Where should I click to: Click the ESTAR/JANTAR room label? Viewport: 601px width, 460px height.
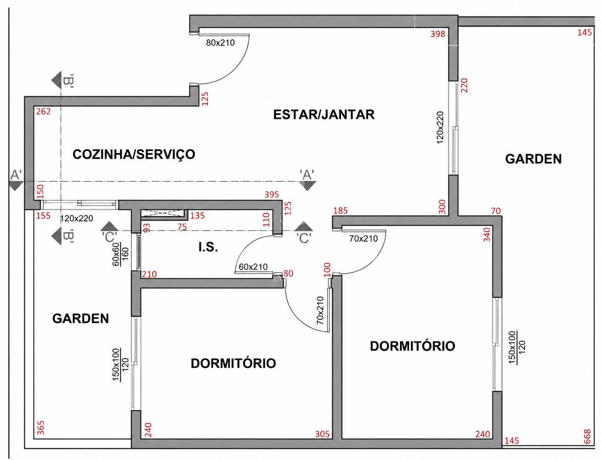click(x=324, y=114)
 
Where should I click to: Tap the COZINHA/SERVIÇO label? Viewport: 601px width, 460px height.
click(x=134, y=154)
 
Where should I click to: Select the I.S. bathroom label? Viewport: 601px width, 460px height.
click(x=208, y=248)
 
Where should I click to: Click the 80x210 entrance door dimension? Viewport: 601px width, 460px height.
click(x=220, y=43)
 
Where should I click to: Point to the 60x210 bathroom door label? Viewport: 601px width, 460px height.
click(x=253, y=266)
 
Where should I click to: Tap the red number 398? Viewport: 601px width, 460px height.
click(x=438, y=34)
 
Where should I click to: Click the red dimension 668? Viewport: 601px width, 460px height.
click(x=587, y=436)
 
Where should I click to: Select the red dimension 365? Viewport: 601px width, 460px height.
click(x=40, y=428)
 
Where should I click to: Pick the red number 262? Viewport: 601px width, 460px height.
click(x=44, y=111)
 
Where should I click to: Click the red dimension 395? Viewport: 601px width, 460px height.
click(x=272, y=194)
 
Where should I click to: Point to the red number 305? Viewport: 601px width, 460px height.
click(x=323, y=434)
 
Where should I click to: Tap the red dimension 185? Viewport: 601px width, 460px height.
click(x=341, y=211)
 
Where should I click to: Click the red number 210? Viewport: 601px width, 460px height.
click(x=149, y=274)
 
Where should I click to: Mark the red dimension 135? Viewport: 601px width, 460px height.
click(x=197, y=215)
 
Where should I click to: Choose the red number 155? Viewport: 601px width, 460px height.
click(x=44, y=215)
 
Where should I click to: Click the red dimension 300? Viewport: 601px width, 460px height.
click(x=442, y=207)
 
